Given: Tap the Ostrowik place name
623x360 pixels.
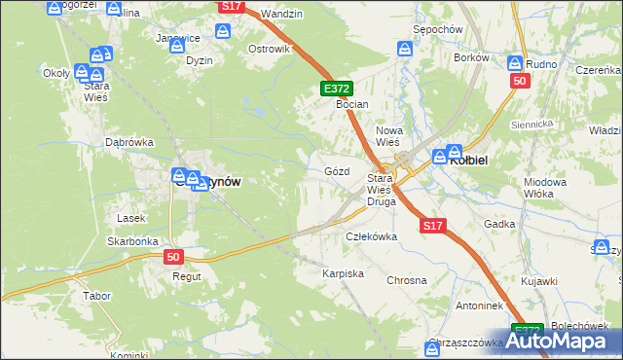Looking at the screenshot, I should pyautogui.click(x=270, y=49).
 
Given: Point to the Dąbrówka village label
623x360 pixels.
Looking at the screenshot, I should pyautogui.click(x=129, y=142).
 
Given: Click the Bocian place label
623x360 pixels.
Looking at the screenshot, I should pyautogui.click(x=351, y=103).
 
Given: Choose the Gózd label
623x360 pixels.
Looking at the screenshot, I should pyautogui.click(x=337, y=171).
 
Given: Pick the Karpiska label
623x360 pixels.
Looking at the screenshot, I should pyautogui.click(x=343, y=274).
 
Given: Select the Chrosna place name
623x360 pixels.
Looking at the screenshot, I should pyautogui.click(x=407, y=280).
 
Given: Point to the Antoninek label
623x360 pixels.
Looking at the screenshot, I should pyautogui.click(x=452, y=306).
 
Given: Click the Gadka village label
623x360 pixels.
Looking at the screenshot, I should pyautogui.click(x=498, y=224).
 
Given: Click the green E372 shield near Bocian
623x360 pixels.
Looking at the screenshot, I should pyautogui.click(x=332, y=89).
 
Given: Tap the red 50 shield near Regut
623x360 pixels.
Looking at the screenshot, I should pyautogui.click(x=173, y=257).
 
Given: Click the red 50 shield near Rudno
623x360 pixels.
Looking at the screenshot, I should pyautogui.click(x=519, y=81).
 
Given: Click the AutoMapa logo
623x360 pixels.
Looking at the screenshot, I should pyautogui.click(x=566, y=340).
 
